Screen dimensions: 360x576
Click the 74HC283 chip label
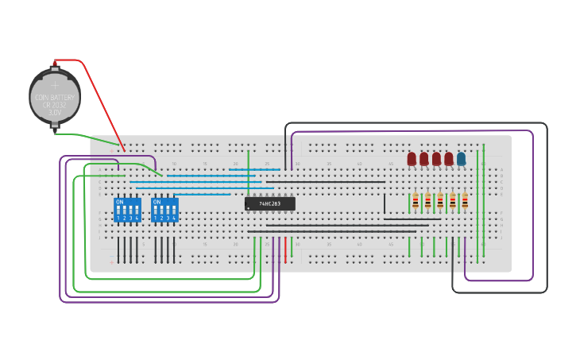click(x=270, y=204)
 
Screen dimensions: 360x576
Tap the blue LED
click(x=461, y=159)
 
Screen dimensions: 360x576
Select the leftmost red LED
click(x=412, y=159)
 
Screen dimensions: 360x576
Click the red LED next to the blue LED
click(x=449, y=159)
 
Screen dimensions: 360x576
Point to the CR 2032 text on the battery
click(x=55, y=105)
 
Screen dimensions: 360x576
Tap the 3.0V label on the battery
click(x=55, y=113)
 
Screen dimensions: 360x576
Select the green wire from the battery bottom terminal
click(x=87, y=137)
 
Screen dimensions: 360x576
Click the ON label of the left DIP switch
click(x=119, y=202)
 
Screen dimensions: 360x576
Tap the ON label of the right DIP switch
click(x=157, y=202)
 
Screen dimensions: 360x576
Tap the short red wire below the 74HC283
click(x=285, y=248)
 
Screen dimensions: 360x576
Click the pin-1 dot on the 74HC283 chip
click(x=249, y=208)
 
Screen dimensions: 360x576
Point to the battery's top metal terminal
click(x=55, y=63)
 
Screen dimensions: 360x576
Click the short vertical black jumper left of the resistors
click(x=385, y=203)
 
